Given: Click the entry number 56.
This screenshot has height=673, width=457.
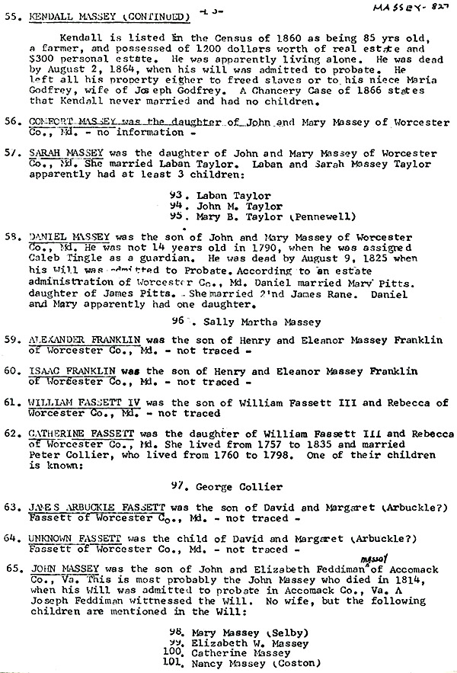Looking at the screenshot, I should [11, 121].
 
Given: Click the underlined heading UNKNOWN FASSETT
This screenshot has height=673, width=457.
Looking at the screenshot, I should [75, 538].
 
